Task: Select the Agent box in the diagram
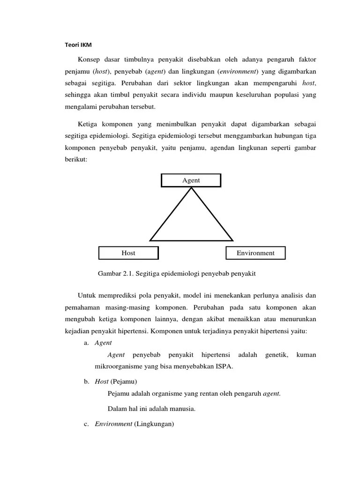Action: [191, 180]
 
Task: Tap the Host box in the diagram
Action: [128, 253]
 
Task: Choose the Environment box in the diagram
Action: [255, 253]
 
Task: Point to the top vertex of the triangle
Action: [191, 188]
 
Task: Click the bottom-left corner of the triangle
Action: [150, 240]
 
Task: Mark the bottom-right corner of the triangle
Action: [232, 240]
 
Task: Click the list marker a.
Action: [87, 343]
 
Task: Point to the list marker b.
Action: [87, 382]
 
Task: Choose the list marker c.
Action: [87, 424]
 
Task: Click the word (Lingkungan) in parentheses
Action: [154, 424]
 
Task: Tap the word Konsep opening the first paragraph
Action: [91, 60]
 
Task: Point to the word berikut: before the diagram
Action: [76, 159]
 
